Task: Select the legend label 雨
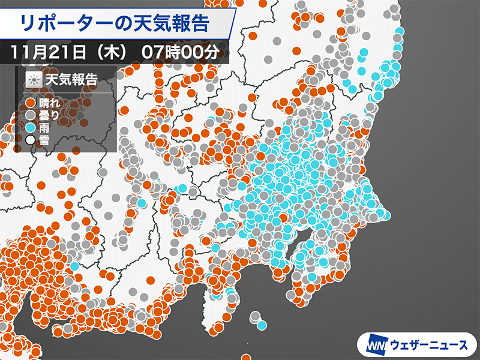click(43, 127)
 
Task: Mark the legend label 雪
click(43, 140)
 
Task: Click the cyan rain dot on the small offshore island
click(262, 325)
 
